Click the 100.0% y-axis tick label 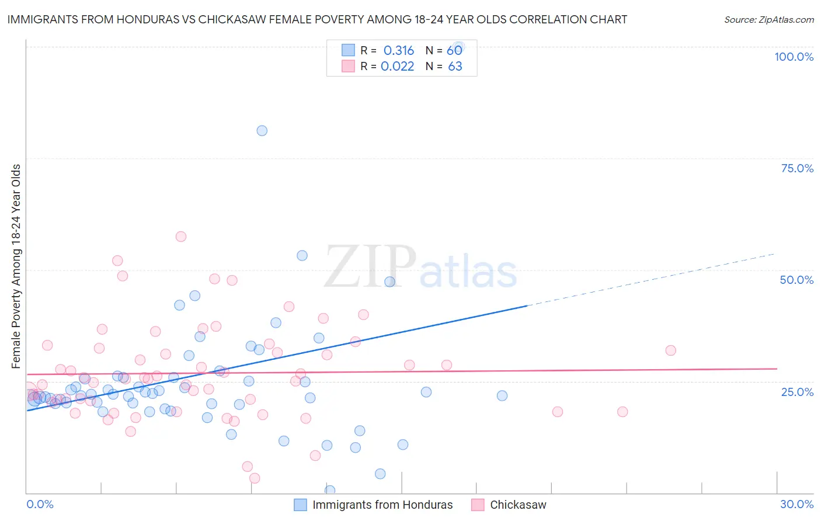[794, 57]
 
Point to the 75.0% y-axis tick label [797, 168]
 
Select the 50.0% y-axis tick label [796, 280]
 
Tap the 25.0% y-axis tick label [797, 392]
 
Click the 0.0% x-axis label [40, 504]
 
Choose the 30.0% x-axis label [796, 504]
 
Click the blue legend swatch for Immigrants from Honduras [300, 505]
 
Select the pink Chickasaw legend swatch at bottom [478, 505]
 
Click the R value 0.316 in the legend [398, 50]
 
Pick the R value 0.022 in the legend [397, 66]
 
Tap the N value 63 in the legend [455, 66]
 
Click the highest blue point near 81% [262, 131]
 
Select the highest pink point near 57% [181, 237]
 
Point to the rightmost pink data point [670, 350]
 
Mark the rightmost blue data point [502, 395]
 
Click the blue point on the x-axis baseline [330, 491]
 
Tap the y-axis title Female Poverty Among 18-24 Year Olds [16, 266]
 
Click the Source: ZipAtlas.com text [768, 19]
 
